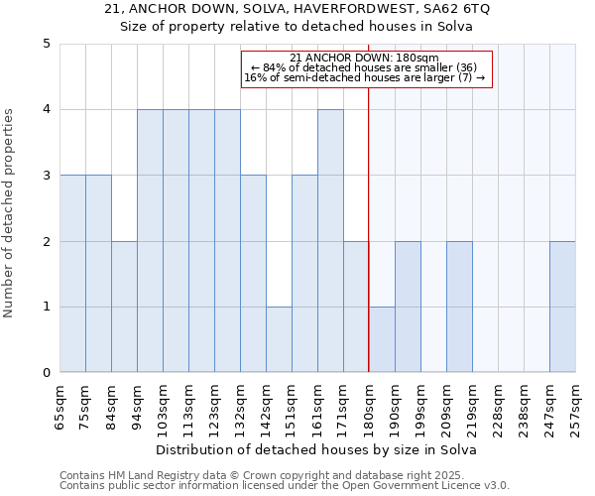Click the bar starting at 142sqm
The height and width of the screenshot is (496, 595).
279,339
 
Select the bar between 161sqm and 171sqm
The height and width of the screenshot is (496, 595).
330,241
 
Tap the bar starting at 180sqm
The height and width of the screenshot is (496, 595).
382,339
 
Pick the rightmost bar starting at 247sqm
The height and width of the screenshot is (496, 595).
562,307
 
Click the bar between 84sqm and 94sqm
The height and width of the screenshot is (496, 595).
124,307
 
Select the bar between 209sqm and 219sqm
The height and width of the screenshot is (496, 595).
459,307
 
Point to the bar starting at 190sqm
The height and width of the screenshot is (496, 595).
408,307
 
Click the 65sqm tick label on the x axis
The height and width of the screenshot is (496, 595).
60,407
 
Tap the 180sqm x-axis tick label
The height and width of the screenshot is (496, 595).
370,407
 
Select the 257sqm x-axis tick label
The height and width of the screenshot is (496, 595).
576,407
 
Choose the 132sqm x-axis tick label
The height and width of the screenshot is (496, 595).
241,407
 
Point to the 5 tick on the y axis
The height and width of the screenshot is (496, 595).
46,44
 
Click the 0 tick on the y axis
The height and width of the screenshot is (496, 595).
46,373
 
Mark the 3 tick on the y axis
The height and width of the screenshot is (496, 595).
46,176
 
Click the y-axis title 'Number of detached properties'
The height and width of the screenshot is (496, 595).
9,208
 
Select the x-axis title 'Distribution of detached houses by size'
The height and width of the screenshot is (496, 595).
317,449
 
